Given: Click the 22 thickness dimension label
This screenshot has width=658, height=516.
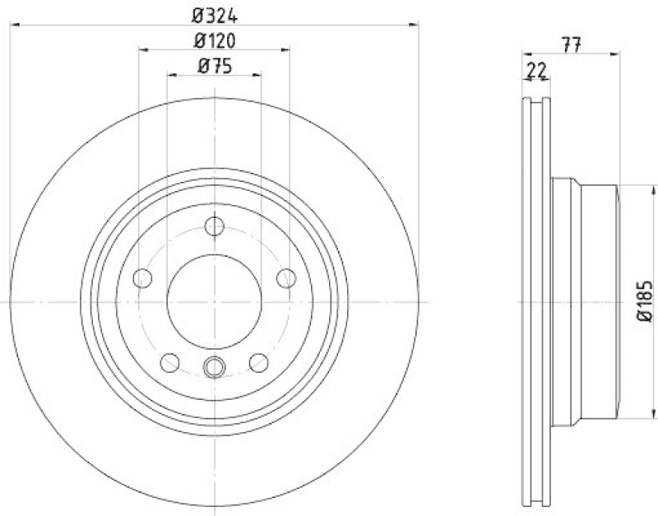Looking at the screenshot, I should tap(537, 72).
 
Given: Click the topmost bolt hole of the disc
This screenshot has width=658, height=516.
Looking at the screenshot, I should tap(215, 226).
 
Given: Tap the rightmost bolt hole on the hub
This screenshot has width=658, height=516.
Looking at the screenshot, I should tap(286, 277).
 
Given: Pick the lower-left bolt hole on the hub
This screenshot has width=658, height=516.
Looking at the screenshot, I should tap(170, 361).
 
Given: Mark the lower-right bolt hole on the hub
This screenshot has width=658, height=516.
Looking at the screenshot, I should tap(258, 361).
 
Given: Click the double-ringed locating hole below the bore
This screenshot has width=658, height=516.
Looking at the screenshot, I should tap(215, 367).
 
